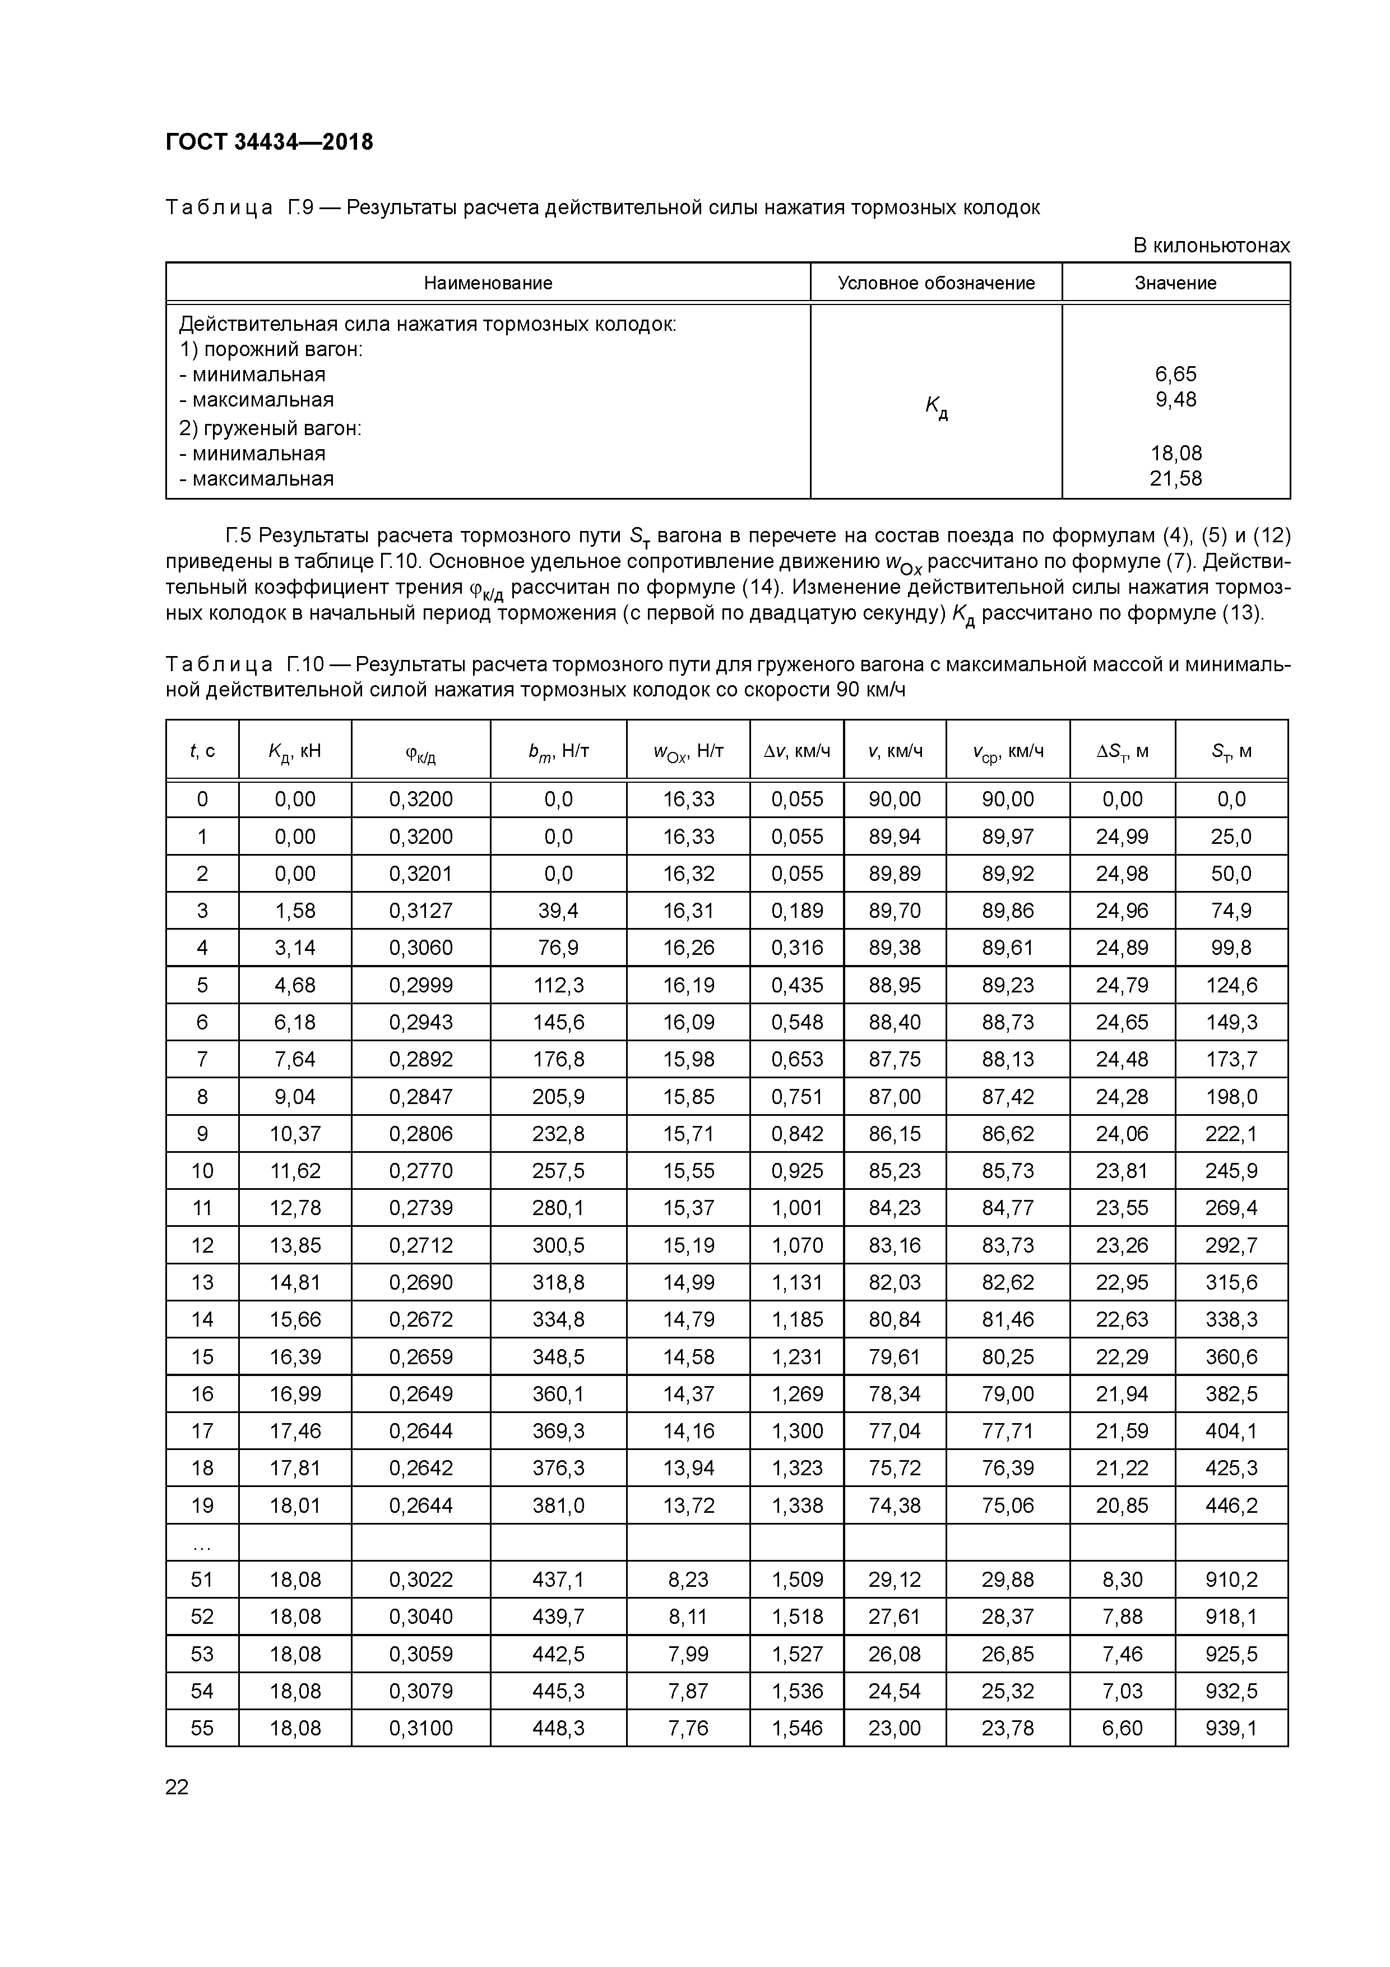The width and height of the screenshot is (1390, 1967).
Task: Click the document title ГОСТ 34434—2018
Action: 269,142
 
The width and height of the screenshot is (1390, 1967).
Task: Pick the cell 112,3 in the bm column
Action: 558,985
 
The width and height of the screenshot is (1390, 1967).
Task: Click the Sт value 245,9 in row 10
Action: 1231,1171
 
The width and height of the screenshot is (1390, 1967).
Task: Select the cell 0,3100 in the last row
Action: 420,1728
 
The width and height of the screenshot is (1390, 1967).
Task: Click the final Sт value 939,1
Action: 1231,1728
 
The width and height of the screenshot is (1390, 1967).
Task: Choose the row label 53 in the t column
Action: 202,1654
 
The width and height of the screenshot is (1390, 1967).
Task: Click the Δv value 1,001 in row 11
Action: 796,1208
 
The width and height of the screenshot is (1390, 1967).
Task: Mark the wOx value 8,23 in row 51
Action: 688,1580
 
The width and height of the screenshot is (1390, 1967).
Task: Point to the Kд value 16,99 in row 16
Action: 295,1394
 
